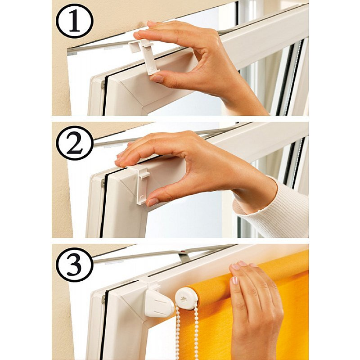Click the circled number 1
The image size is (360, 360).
[x=75, y=21]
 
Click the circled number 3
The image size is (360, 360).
[x=75, y=265]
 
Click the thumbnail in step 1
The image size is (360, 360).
[x=157, y=78]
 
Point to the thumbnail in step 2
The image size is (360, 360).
[x=153, y=202]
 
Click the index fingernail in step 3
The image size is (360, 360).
[x=234, y=280]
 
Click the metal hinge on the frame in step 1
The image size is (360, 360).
[x=103, y=85]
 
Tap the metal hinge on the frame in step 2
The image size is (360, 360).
[x=103, y=183]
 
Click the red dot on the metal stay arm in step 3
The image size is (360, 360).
[x=183, y=252]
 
